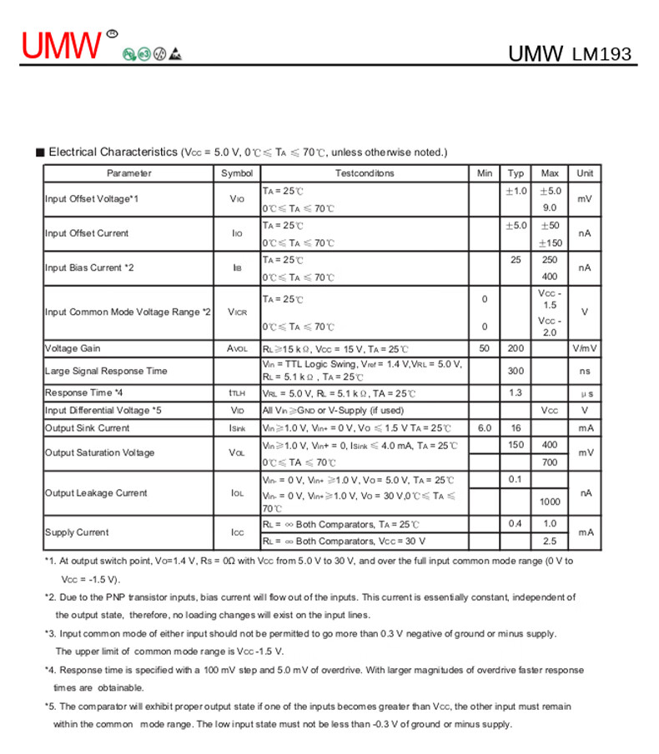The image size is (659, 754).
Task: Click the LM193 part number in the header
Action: pos(601,55)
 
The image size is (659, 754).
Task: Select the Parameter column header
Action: pos(129,173)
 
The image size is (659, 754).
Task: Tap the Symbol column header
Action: pos(237,173)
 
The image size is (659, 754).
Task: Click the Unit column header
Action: pos(585,173)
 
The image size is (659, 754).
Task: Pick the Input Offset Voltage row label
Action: pos(92,199)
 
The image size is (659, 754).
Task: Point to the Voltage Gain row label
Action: pos(73,348)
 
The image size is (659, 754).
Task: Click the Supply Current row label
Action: pos(77,532)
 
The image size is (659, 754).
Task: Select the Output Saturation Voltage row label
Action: pos(100,453)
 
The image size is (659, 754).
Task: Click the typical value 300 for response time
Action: pos(516,371)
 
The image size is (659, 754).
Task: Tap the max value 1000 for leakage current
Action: pos(550,502)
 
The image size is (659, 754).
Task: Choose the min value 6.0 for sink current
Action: pos(485,428)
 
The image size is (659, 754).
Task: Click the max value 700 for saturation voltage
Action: pos(550,462)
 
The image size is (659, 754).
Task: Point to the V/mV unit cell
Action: pos(585,348)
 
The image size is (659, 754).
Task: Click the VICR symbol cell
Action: pos(237,312)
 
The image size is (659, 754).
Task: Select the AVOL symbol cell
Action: pos(237,348)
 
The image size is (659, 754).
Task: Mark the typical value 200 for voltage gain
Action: pos(516,348)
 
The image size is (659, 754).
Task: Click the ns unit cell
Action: pos(585,371)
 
